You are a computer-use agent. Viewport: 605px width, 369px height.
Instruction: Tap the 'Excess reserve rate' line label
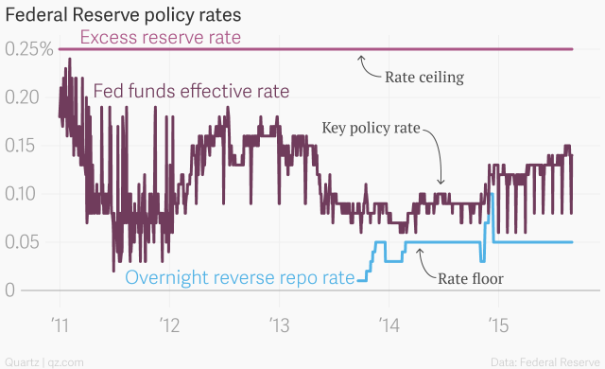160,38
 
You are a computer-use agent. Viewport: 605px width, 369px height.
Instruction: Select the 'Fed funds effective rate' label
191,92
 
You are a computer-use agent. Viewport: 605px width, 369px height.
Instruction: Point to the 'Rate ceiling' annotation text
424,77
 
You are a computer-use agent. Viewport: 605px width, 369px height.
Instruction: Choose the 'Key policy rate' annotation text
370,127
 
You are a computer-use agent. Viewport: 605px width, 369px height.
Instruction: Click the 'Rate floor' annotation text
470,278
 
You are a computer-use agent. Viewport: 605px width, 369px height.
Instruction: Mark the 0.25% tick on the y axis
26,49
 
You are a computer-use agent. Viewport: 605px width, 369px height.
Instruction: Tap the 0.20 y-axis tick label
23,97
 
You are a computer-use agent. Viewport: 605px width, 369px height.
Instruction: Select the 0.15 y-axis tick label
23,146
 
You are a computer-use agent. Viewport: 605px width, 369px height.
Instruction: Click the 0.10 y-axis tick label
23,194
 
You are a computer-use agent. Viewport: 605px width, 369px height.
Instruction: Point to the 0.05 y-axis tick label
23,242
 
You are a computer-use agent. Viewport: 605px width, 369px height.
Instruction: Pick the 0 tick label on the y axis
11,290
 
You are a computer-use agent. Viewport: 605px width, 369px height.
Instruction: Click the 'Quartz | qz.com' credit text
45,361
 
